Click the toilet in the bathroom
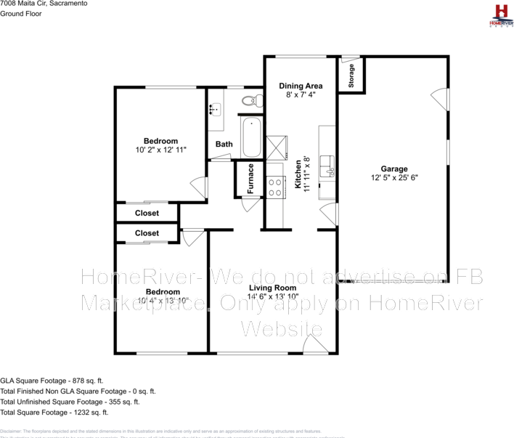[x=249, y=100]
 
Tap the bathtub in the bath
[x=251, y=137]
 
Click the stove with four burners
[x=275, y=188]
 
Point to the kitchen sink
[x=328, y=166]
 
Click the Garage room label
[x=394, y=169]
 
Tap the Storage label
[x=351, y=76]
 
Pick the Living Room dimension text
[x=272, y=296]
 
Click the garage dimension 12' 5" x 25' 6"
[x=394, y=177]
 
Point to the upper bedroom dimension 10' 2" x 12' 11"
[x=160, y=150]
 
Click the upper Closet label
[x=147, y=214]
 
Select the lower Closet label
[x=147, y=233]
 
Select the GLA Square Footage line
[x=52, y=380]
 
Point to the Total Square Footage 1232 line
[x=54, y=412]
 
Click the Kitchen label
[x=298, y=174]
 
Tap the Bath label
[x=224, y=144]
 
